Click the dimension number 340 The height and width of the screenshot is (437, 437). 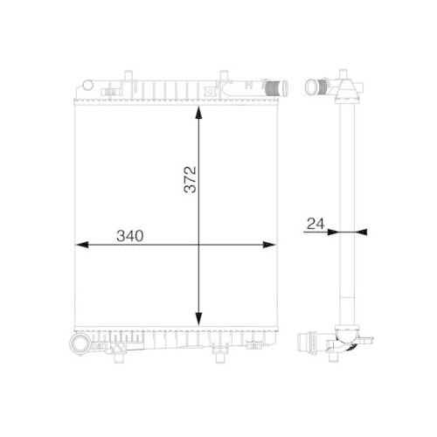tap(129, 236)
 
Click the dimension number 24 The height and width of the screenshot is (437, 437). tap(316, 224)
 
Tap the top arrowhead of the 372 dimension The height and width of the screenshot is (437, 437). tap(200, 116)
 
